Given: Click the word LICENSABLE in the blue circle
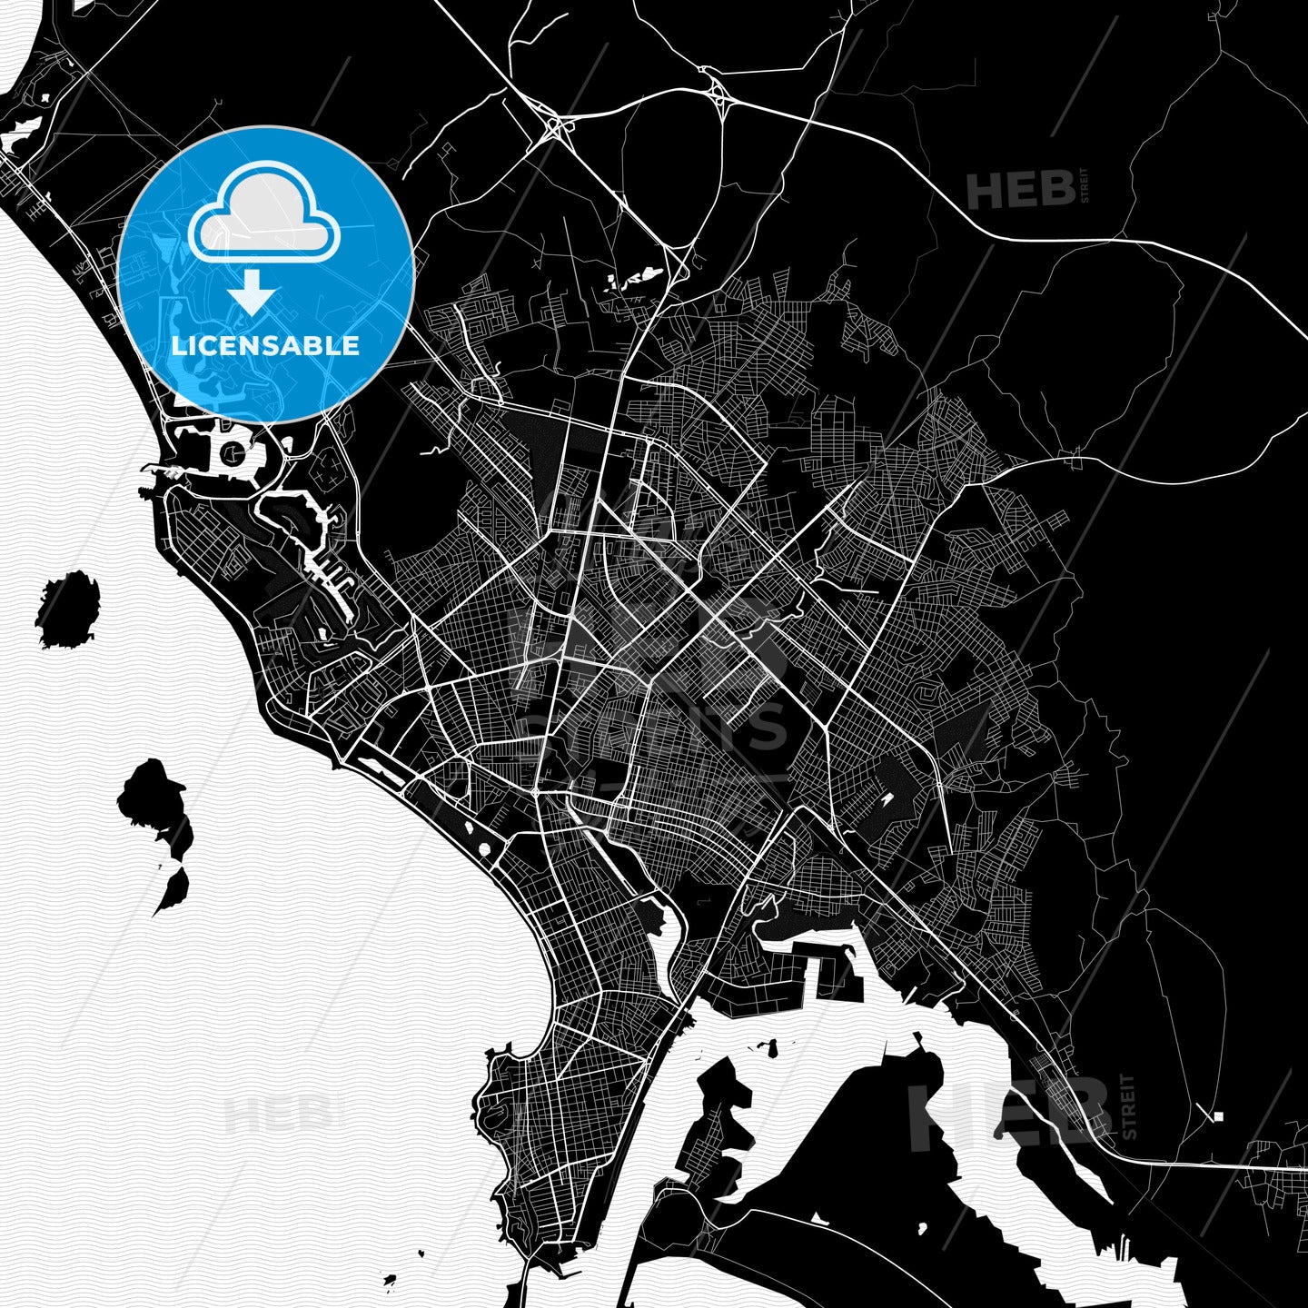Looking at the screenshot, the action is click(x=265, y=345).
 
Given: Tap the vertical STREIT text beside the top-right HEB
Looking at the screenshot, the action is click(x=1084, y=185).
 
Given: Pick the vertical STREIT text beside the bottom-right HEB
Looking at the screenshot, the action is click(x=1129, y=1106).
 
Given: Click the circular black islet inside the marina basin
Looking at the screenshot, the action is click(x=233, y=451).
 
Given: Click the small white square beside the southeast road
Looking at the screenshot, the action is click(x=1218, y=1115).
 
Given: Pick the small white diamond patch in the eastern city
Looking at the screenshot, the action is click(x=885, y=803).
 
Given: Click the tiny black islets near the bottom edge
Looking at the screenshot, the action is click(x=391, y=1282).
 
